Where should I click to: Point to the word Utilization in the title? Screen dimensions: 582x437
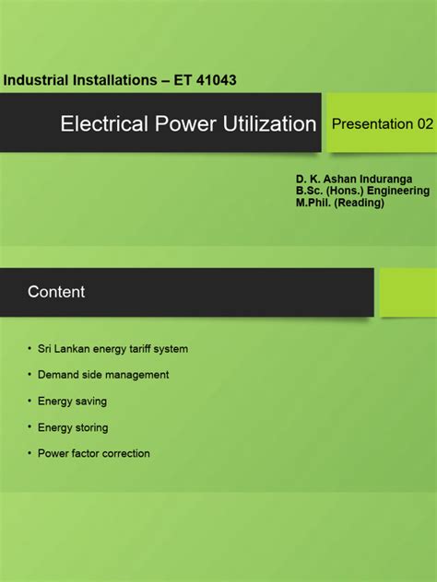coord(272,123)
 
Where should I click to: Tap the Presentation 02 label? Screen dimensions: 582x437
coord(382,123)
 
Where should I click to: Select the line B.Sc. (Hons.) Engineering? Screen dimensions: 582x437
coord(362,191)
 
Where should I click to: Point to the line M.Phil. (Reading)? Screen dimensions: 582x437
coord(340,203)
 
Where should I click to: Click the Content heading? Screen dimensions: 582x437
coord(56,292)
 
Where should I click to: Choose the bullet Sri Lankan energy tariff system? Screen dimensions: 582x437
coord(112,349)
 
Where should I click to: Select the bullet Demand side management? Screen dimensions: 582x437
coord(103,375)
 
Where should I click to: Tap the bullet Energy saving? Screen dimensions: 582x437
coord(72,402)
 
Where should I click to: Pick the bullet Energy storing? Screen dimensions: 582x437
coord(73,427)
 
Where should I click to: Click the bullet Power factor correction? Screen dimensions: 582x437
coord(93,453)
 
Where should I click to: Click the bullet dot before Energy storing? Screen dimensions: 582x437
coord(30,428)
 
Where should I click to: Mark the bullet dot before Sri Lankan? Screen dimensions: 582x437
coord(30,350)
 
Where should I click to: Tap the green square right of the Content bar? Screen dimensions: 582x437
coord(408,292)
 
